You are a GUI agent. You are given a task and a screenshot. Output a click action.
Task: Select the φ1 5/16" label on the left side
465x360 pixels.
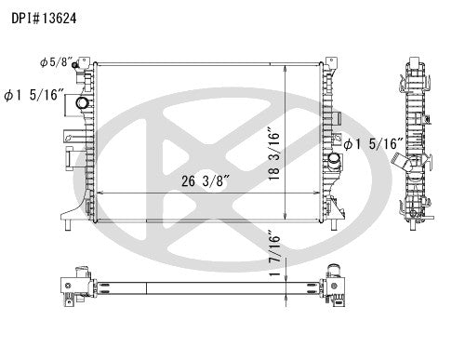click(33, 94)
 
